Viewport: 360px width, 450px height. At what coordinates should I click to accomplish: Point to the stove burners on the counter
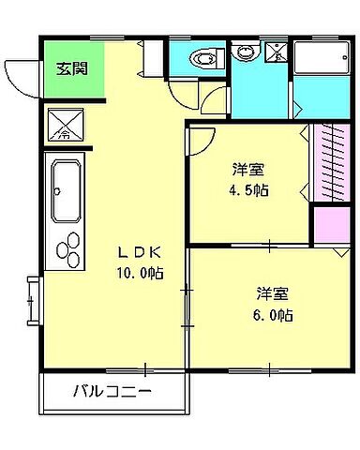click(x=68, y=248)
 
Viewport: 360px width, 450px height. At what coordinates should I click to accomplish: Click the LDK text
click(x=141, y=251)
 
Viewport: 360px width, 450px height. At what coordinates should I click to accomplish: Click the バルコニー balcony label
click(x=112, y=391)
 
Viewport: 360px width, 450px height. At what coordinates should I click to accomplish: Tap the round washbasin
click(x=245, y=53)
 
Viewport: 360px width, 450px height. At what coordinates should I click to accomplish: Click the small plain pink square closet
click(x=329, y=226)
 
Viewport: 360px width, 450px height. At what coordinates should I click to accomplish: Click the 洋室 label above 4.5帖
click(x=248, y=169)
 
